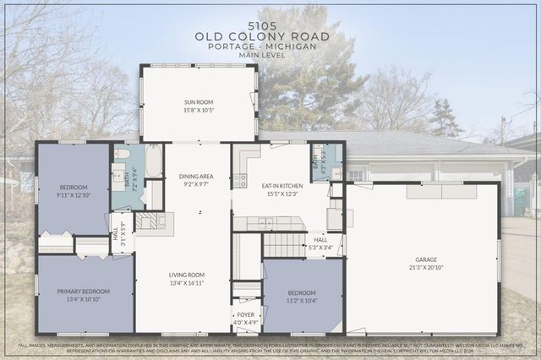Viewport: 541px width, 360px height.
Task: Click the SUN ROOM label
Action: coord(199,102)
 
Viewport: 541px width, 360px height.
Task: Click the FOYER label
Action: coord(246,315)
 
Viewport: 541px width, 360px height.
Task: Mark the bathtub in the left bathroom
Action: coord(153,161)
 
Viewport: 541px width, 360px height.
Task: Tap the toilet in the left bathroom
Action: coord(122,155)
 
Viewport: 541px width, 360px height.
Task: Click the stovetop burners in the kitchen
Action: coord(240,180)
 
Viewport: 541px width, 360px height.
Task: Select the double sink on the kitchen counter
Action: coord(266,223)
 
